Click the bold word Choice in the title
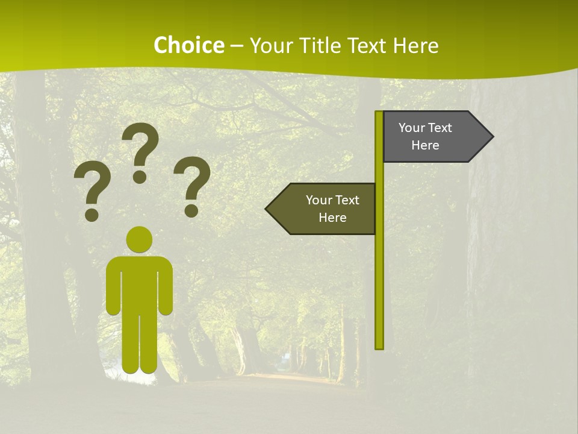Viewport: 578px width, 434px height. click(x=188, y=45)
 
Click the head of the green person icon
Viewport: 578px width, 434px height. click(x=139, y=239)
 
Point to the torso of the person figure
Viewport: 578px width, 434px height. click(x=139, y=283)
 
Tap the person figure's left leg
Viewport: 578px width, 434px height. click(x=131, y=344)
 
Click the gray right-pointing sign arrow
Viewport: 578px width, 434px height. click(x=433, y=137)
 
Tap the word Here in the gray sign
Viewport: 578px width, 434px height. click(x=425, y=145)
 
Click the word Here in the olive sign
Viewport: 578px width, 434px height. click(x=332, y=218)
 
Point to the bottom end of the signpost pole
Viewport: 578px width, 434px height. click(x=379, y=346)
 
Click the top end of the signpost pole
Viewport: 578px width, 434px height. click(x=379, y=114)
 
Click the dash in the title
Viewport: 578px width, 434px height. click(x=237, y=46)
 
